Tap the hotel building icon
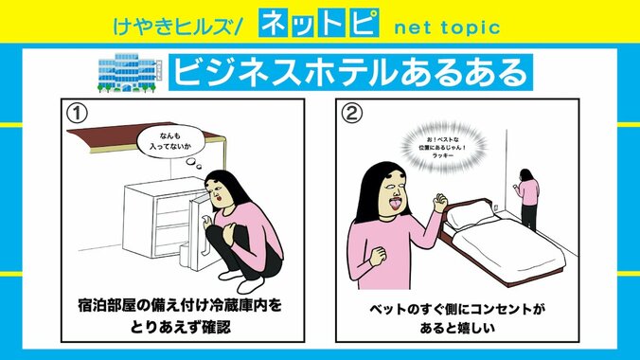click(127, 71)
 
